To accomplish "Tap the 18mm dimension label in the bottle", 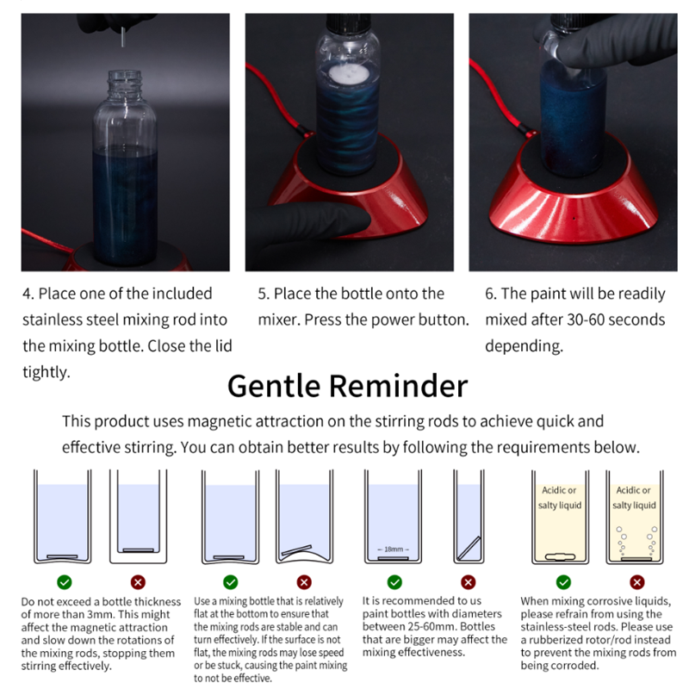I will (x=394, y=549).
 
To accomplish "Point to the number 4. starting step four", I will (x=28, y=294).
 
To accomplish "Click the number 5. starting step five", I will (x=264, y=294).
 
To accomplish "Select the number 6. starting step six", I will (x=491, y=294).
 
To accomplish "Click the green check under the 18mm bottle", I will (x=394, y=582).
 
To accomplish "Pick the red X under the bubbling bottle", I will (x=636, y=582).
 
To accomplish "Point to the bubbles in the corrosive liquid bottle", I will (x=636, y=538).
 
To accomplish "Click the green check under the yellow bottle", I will (x=562, y=582).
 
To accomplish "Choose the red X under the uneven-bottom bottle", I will (x=304, y=582).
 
